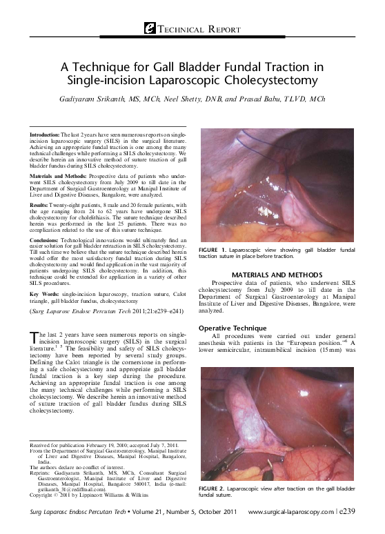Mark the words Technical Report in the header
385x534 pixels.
(201, 30)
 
